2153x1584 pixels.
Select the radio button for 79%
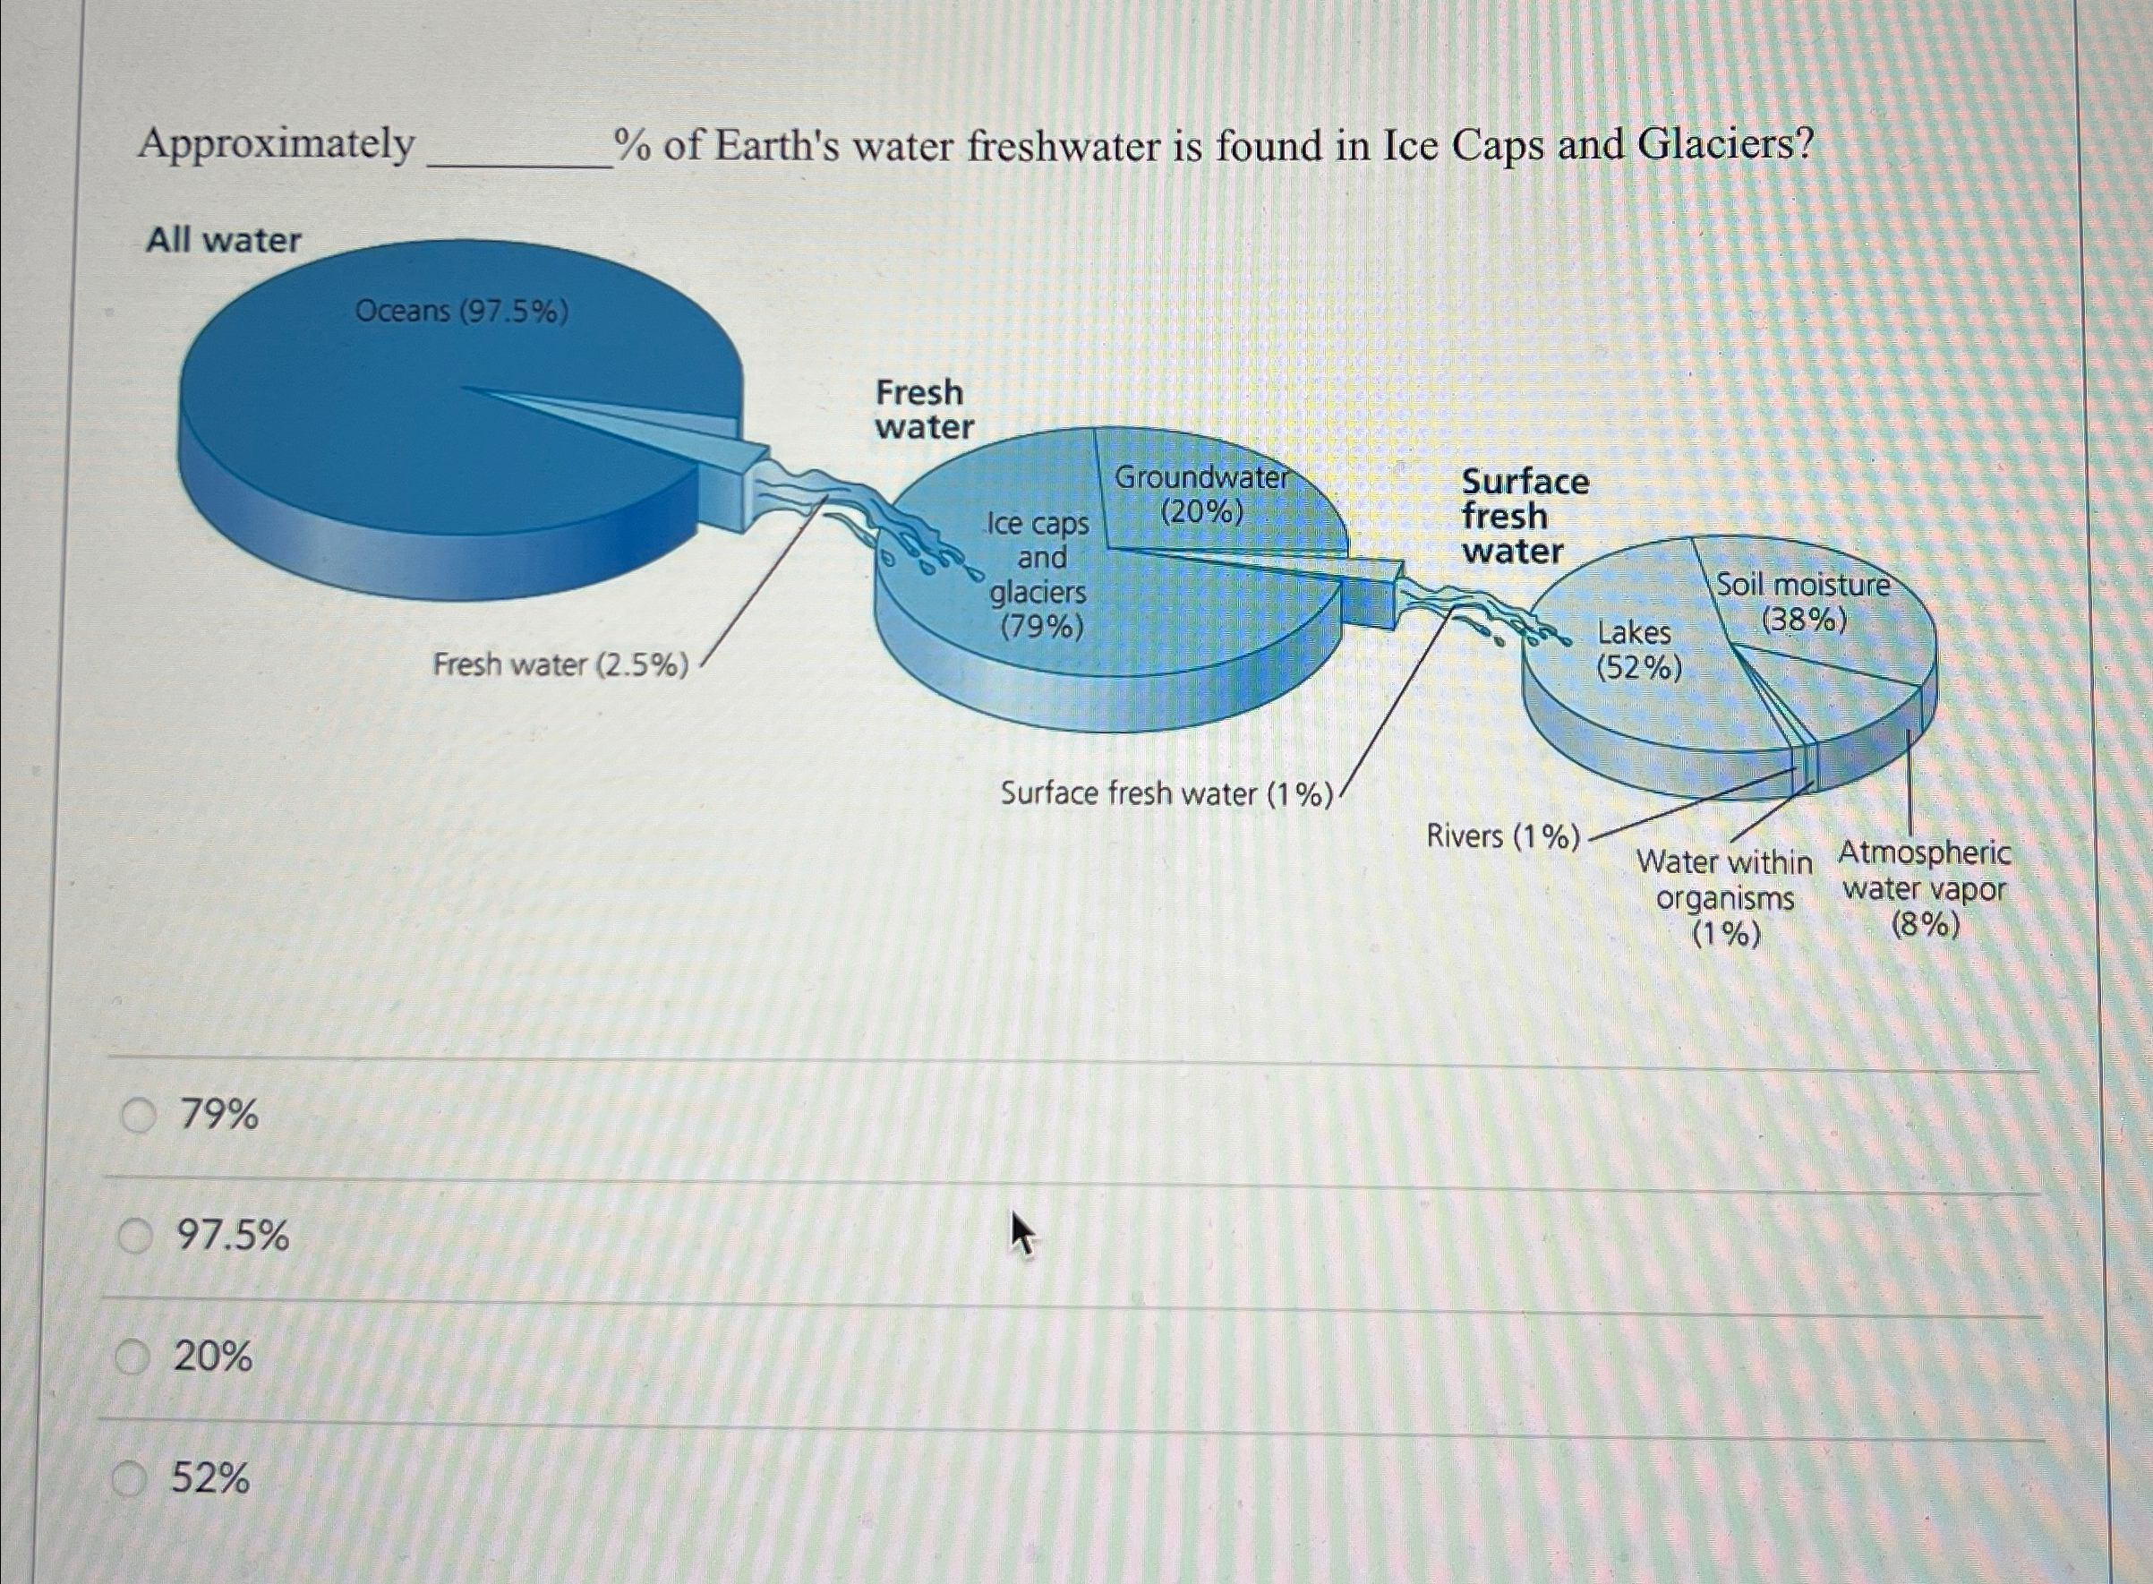click(138, 1116)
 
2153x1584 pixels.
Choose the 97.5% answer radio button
click(135, 1237)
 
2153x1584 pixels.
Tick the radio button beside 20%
click(132, 1357)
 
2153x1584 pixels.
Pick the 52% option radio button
click(130, 1479)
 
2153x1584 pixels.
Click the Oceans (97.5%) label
click(461, 312)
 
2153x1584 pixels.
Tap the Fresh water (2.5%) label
click(560, 664)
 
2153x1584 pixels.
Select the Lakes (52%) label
click(1638, 650)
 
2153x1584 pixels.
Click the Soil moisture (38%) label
click(1803, 602)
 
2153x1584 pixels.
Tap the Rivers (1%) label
click(1502, 837)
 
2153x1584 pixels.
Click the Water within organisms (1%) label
click(1724, 897)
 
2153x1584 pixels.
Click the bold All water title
click(223, 240)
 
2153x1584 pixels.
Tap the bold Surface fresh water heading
click(1525, 517)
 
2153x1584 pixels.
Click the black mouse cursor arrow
click(1021, 1231)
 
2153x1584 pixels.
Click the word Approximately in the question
click(277, 146)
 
